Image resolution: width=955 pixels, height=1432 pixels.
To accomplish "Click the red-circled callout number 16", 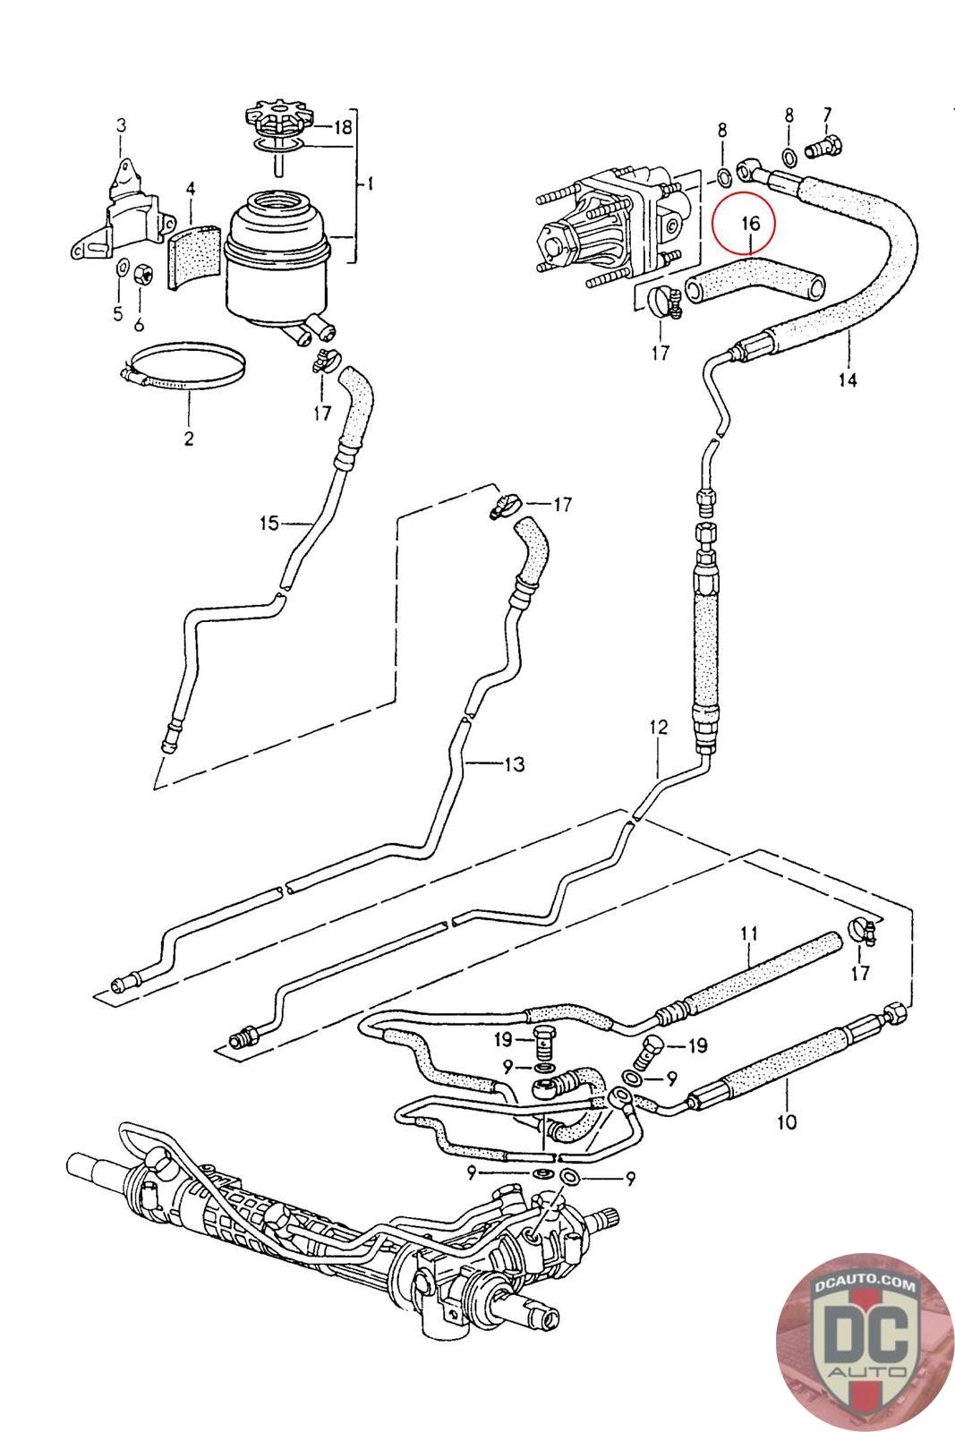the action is pos(750,223).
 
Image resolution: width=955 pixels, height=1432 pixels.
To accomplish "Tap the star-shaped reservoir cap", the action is pos(277,119).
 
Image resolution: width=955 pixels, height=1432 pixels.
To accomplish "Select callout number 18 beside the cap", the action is pos(343,126).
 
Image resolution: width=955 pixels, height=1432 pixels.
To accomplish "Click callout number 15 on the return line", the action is pos(269,524).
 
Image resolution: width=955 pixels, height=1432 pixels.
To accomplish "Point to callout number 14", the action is pos(847,379).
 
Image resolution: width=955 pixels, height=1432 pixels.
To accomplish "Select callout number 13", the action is pos(514,763).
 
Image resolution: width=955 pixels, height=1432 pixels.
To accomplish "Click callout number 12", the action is pos(658,727).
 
